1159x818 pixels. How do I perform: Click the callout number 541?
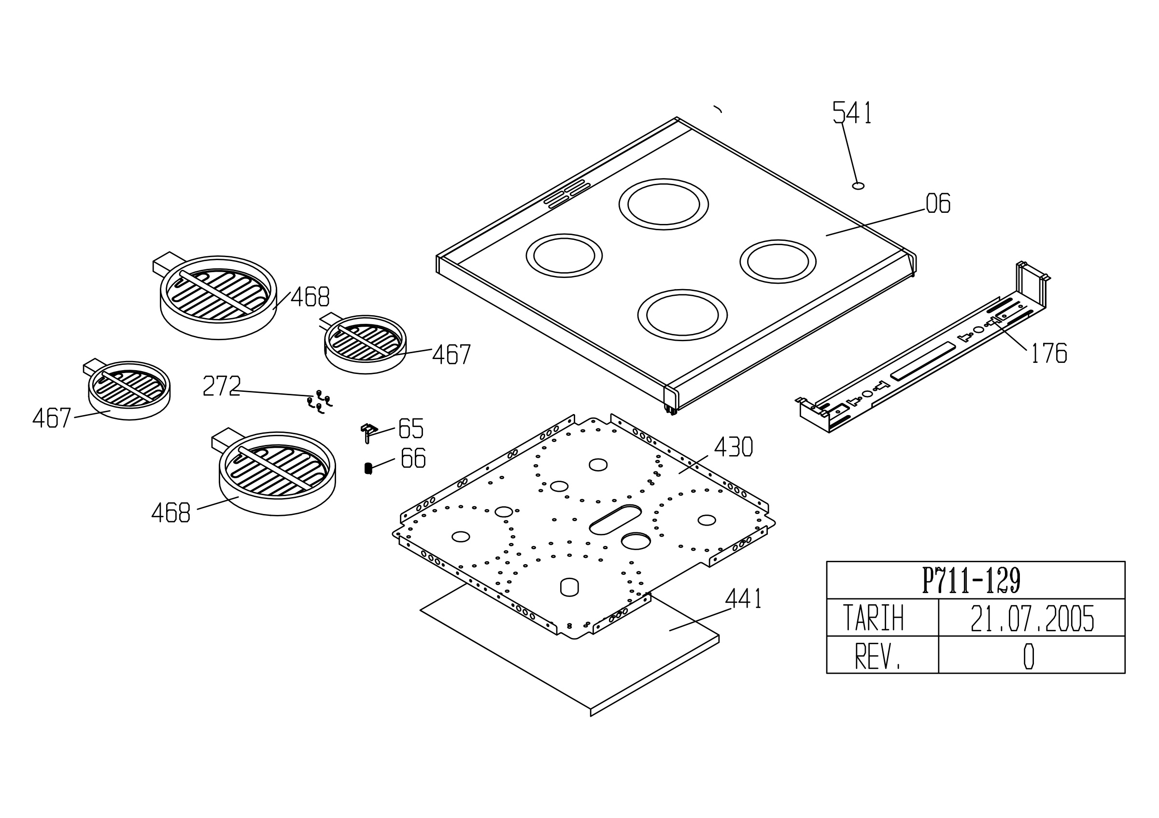click(852, 112)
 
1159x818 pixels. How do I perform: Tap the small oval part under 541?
click(858, 186)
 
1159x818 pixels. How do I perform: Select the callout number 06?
click(938, 203)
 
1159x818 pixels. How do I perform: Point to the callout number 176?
click(1048, 353)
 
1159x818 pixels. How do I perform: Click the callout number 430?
click(734, 447)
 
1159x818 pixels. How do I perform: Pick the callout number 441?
click(743, 598)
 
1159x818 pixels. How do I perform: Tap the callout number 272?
click(222, 386)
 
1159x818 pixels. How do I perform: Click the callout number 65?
click(411, 429)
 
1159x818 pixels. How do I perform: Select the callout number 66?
click(413, 458)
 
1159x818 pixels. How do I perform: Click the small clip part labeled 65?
click(368, 432)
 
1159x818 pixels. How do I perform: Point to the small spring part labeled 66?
click(368, 469)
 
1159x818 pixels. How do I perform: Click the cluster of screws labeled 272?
click(320, 402)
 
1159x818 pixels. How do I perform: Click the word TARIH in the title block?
click(873, 618)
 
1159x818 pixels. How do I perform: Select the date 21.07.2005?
click(1032, 618)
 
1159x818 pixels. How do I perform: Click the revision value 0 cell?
click(1032, 654)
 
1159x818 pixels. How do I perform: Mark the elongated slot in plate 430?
click(615, 519)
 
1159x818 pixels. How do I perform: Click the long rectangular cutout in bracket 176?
click(923, 361)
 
